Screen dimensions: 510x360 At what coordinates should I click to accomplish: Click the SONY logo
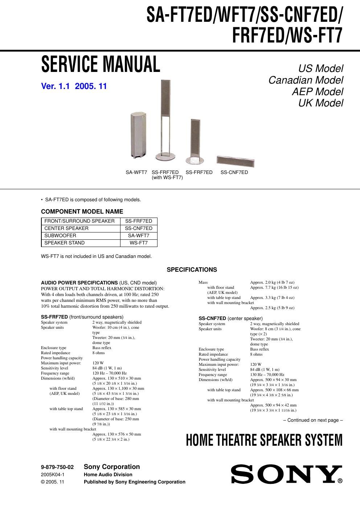pyautogui.click(x=287, y=474)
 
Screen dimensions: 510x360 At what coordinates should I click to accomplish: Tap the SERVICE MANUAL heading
pyautogui.click(x=101, y=64)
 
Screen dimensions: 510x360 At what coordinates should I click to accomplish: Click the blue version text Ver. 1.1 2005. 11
pyautogui.click(x=74, y=86)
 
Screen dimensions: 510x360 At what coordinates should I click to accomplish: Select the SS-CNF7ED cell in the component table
pyautogui.click(x=139, y=228)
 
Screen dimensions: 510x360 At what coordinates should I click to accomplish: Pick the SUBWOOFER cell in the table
pyautogui.click(x=81, y=236)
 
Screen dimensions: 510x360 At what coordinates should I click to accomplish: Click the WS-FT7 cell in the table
pyautogui.click(x=139, y=243)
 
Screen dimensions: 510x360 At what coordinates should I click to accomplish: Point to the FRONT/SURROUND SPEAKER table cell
pyautogui.click(x=81, y=221)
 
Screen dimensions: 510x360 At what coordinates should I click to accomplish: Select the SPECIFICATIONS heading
pyautogui.click(x=192, y=270)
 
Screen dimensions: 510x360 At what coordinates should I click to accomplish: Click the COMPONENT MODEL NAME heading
pyautogui.click(x=82, y=211)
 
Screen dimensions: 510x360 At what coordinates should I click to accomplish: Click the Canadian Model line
pyautogui.click(x=306, y=80)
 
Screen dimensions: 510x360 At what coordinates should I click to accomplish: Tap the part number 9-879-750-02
pyautogui.click(x=57, y=467)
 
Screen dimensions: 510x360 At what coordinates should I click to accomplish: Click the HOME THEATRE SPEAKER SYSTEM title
pyautogui.click(x=264, y=440)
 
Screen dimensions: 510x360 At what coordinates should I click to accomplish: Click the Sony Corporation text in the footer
pyautogui.click(x=112, y=467)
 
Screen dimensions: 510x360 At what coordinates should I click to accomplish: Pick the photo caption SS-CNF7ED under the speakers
pyautogui.click(x=234, y=173)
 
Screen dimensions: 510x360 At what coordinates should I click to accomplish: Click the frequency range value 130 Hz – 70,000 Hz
pyautogui.click(x=267, y=375)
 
